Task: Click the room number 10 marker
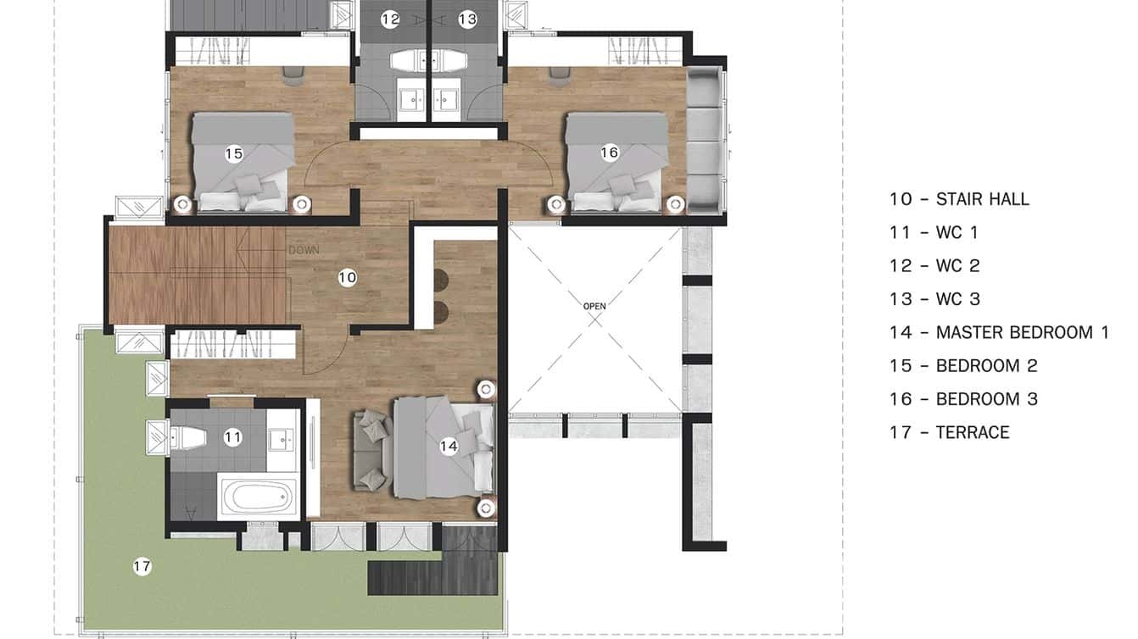(347, 277)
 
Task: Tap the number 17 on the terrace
(142, 567)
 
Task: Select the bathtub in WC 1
(257, 497)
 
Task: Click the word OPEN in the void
(595, 306)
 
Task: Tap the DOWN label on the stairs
(304, 251)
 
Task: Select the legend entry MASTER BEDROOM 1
(999, 332)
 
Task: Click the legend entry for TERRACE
(950, 432)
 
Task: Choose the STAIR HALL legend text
(959, 199)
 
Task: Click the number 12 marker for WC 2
(389, 19)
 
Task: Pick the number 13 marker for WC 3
(468, 19)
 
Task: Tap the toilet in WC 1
(187, 437)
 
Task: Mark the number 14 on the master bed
(449, 446)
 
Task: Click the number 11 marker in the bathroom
(233, 437)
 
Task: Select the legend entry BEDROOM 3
(963, 399)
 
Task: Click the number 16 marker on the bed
(609, 153)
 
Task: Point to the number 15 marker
(234, 153)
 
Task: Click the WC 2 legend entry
(934, 265)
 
